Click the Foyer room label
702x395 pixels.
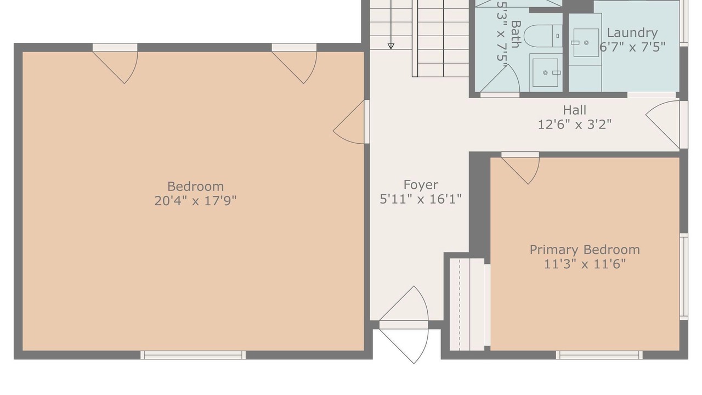421,185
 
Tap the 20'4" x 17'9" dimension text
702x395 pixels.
195,201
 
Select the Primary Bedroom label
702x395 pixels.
585,250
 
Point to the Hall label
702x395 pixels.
574,110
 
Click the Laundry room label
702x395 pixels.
632,33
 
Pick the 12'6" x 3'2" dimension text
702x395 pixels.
574,125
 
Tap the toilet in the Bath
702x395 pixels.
543,36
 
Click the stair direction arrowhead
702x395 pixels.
391,46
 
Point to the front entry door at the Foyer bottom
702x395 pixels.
404,325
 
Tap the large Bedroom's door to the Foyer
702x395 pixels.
352,122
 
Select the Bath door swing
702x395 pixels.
500,81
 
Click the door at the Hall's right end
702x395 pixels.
666,125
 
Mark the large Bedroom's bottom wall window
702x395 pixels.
193,355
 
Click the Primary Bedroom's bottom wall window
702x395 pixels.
599,355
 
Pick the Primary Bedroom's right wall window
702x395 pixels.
684,276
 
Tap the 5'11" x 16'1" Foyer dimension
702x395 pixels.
421,199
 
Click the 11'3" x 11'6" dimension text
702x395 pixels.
585,264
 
